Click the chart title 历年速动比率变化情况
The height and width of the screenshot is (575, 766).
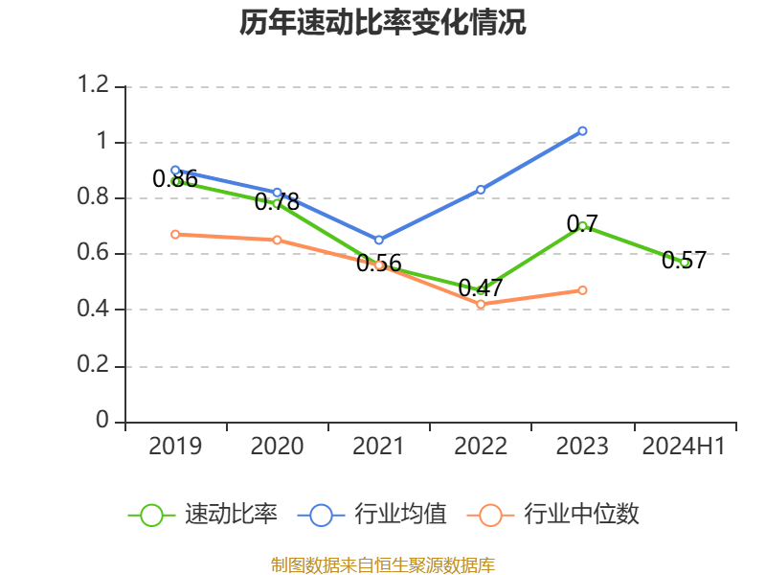(x=383, y=23)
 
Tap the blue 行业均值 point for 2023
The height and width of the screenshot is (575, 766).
(x=582, y=130)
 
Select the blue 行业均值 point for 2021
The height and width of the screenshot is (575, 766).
(x=378, y=240)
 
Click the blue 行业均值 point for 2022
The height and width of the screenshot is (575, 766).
(x=481, y=190)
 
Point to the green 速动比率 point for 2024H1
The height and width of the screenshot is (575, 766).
(x=685, y=263)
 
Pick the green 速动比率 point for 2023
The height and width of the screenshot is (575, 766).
(x=582, y=226)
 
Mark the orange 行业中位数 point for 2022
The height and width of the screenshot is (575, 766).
(x=481, y=304)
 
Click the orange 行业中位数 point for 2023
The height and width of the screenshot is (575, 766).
(x=582, y=289)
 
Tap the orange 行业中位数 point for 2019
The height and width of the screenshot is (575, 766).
(x=175, y=234)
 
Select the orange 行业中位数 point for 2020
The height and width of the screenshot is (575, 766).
(x=277, y=240)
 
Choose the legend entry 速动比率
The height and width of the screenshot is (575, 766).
(x=203, y=515)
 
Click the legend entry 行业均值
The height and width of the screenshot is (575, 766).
(x=372, y=515)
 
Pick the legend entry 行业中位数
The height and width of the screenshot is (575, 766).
(x=553, y=515)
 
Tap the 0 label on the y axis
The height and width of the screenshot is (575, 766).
(x=103, y=422)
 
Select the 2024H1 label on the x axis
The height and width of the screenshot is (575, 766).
(x=684, y=447)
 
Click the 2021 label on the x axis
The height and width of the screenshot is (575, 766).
(x=378, y=447)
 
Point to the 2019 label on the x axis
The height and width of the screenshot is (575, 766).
(x=175, y=447)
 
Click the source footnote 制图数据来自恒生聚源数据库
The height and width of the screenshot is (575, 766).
(x=383, y=564)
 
